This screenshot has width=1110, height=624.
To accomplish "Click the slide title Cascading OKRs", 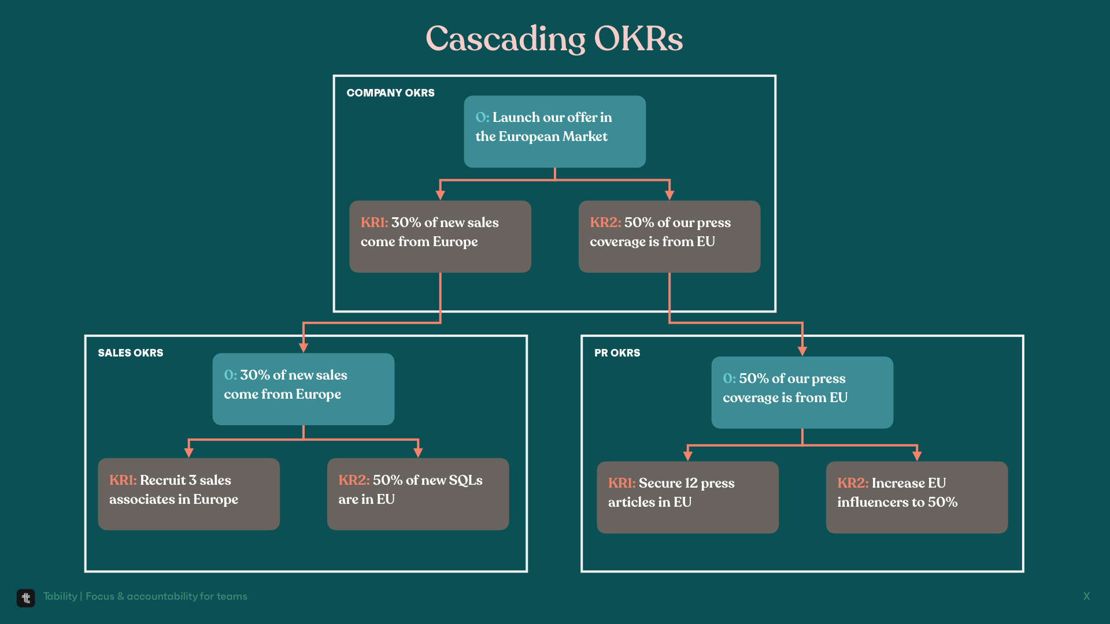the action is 554,39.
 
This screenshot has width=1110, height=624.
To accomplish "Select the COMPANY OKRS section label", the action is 390,93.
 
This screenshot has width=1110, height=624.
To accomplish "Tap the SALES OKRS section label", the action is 131,353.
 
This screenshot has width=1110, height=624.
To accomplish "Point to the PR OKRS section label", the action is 617,353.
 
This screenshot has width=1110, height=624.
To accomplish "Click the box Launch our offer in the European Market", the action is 555,132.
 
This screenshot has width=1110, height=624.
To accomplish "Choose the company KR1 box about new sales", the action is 440,236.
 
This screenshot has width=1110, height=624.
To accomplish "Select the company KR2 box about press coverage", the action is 669,236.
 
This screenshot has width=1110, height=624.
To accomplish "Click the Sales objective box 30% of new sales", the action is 304,389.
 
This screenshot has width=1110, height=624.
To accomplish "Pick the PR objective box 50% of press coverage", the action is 802,392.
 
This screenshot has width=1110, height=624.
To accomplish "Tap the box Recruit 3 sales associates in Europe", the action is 188,494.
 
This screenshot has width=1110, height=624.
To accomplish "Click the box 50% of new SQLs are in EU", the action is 418,494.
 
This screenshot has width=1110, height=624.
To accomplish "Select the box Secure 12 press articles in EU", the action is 688,497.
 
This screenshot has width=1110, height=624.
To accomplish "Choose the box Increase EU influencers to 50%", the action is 917,497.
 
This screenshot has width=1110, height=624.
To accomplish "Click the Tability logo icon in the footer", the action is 26,598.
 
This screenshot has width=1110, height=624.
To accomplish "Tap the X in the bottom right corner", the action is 1087,596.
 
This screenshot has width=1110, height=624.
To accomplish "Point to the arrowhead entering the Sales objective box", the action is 304,348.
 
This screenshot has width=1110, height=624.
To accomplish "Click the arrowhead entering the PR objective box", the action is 802,351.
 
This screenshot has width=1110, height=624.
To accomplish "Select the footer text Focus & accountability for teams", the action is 166,596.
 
